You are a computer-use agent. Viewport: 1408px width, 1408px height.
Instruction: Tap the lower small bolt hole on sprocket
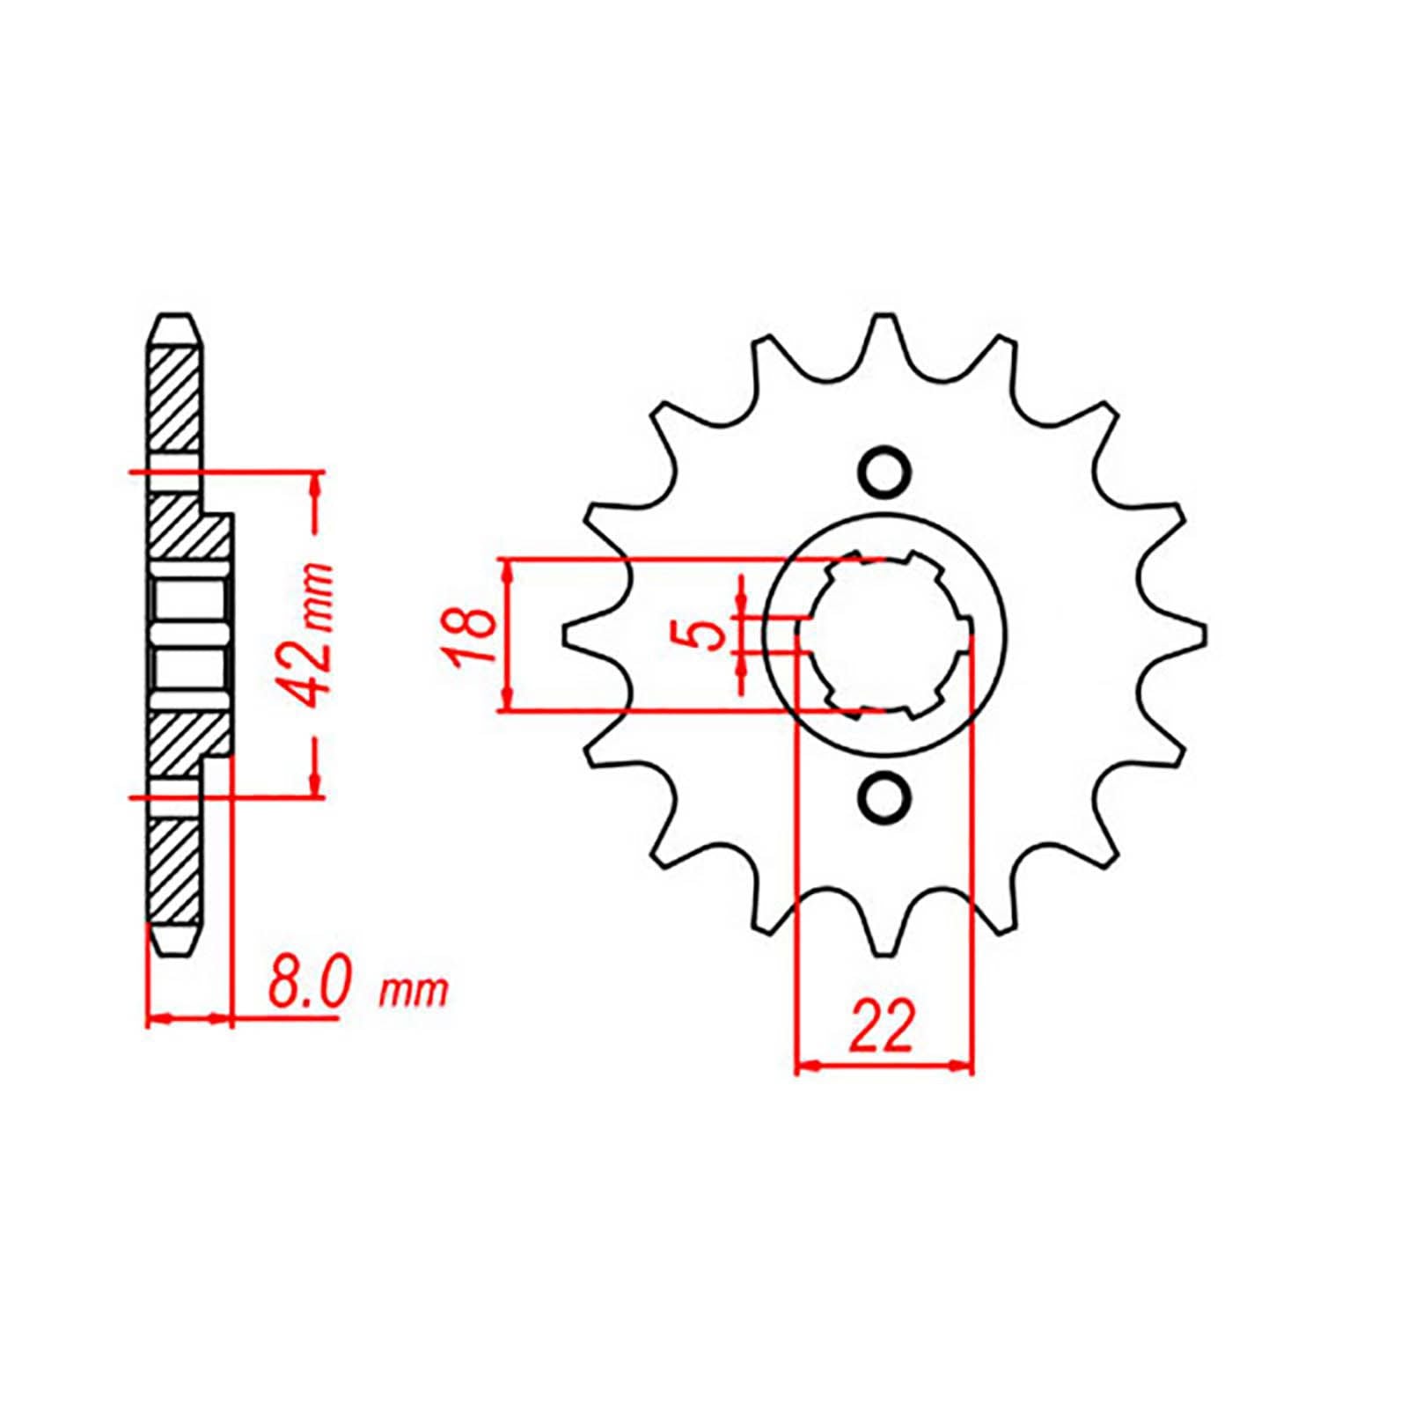pyautogui.click(x=883, y=796)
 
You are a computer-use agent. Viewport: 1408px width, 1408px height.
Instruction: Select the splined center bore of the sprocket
pyautogui.click(x=884, y=634)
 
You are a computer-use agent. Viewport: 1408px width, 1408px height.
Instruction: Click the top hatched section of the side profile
pyautogui.click(x=174, y=400)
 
